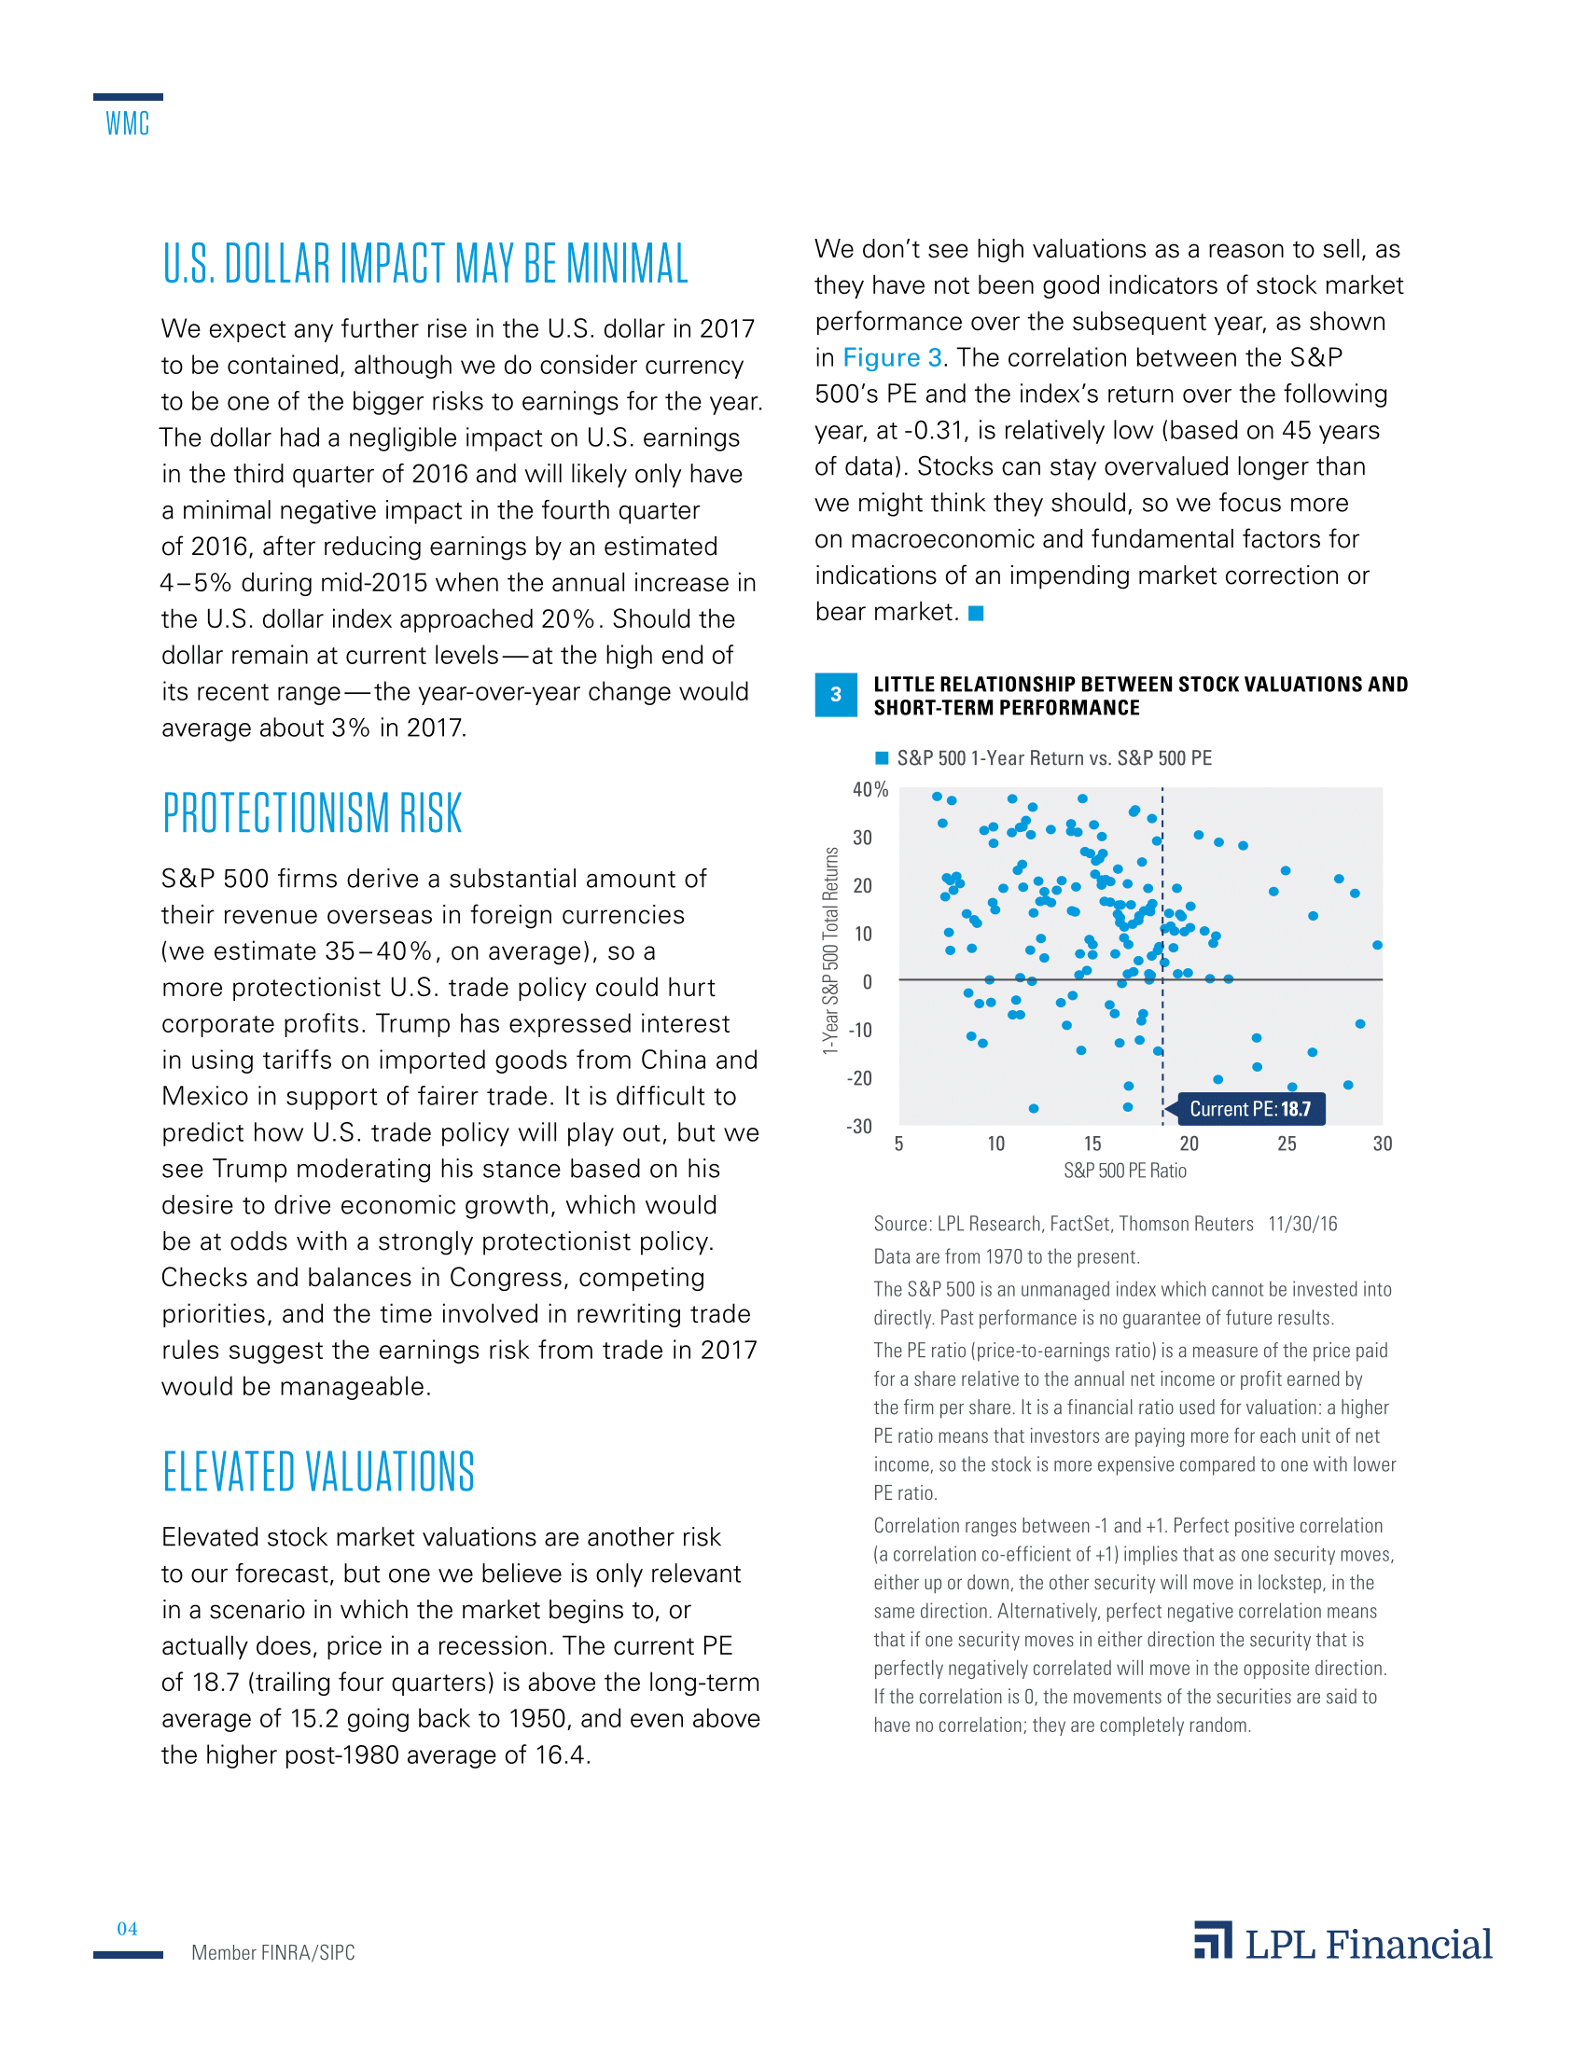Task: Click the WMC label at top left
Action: click(127, 123)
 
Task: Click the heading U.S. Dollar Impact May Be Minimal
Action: click(424, 264)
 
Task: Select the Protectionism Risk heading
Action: click(312, 813)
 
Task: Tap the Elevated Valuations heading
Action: click(318, 1472)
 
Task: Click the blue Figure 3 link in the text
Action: click(892, 358)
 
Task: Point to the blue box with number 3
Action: click(835, 695)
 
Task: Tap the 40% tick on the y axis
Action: click(870, 789)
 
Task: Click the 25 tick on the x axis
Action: click(1287, 1144)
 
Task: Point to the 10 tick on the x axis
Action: click(996, 1144)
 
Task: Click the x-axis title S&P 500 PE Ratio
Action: click(1125, 1171)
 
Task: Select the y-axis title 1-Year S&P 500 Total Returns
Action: click(830, 950)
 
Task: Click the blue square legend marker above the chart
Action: click(882, 758)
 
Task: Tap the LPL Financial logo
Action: click(1343, 1943)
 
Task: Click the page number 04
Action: click(127, 1929)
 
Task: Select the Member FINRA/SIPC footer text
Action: click(273, 1952)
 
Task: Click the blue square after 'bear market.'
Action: click(976, 614)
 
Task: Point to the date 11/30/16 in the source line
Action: click(1302, 1225)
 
